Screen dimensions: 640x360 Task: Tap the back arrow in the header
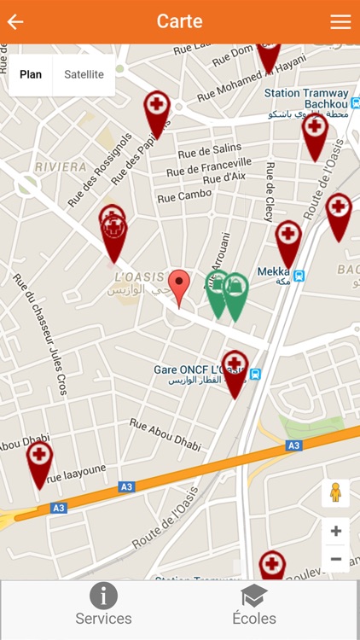[x=15, y=22]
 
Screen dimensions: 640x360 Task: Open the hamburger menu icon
[x=340, y=22]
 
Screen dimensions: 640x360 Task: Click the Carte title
[x=179, y=22]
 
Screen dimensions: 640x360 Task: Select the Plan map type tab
[x=31, y=75]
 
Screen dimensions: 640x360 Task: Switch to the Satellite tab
[x=84, y=75]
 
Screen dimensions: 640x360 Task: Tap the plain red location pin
[x=178, y=285]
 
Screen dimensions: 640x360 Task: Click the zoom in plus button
[x=336, y=532]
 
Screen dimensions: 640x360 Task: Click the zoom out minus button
[x=336, y=559]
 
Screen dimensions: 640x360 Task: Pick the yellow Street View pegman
[x=336, y=493]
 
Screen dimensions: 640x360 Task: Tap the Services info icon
[x=103, y=596]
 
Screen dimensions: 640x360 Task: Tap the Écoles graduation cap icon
[x=253, y=596]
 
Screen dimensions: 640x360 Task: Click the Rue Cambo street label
[x=184, y=195]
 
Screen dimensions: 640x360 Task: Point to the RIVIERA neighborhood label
[x=61, y=167]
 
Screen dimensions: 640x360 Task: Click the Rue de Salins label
[x=210, y=150]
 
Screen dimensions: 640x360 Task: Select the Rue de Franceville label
[x=210, y=166]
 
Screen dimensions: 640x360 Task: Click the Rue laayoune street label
[x=77, y=480]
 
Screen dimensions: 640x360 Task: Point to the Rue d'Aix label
[x=224, y=177]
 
